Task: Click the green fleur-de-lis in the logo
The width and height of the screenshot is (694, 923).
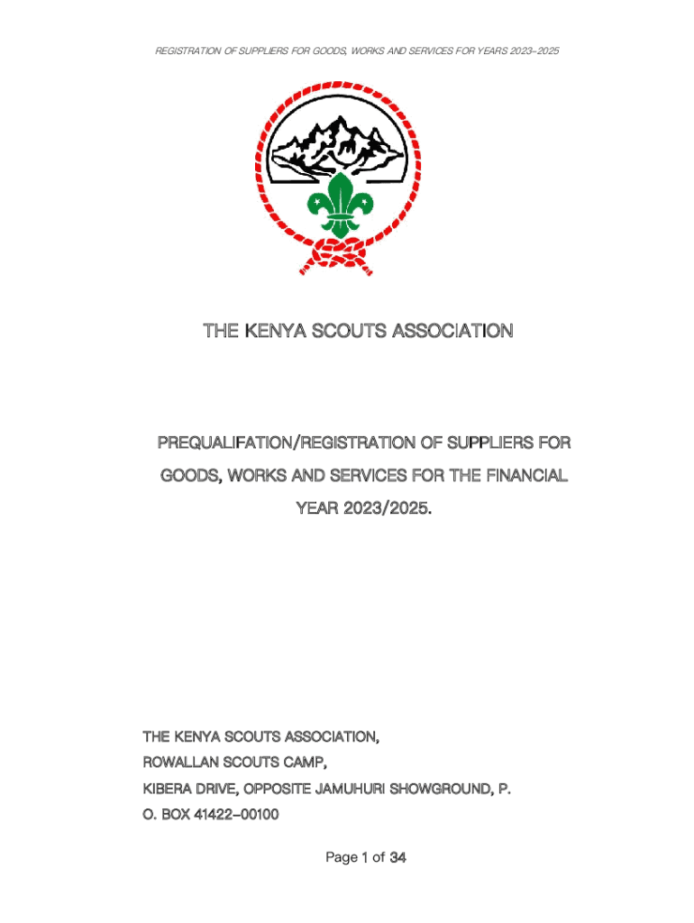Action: coord(340,206)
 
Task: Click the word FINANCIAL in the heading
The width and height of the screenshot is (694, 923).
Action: coord(526,476)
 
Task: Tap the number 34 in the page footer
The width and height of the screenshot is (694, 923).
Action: coord(397,858)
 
